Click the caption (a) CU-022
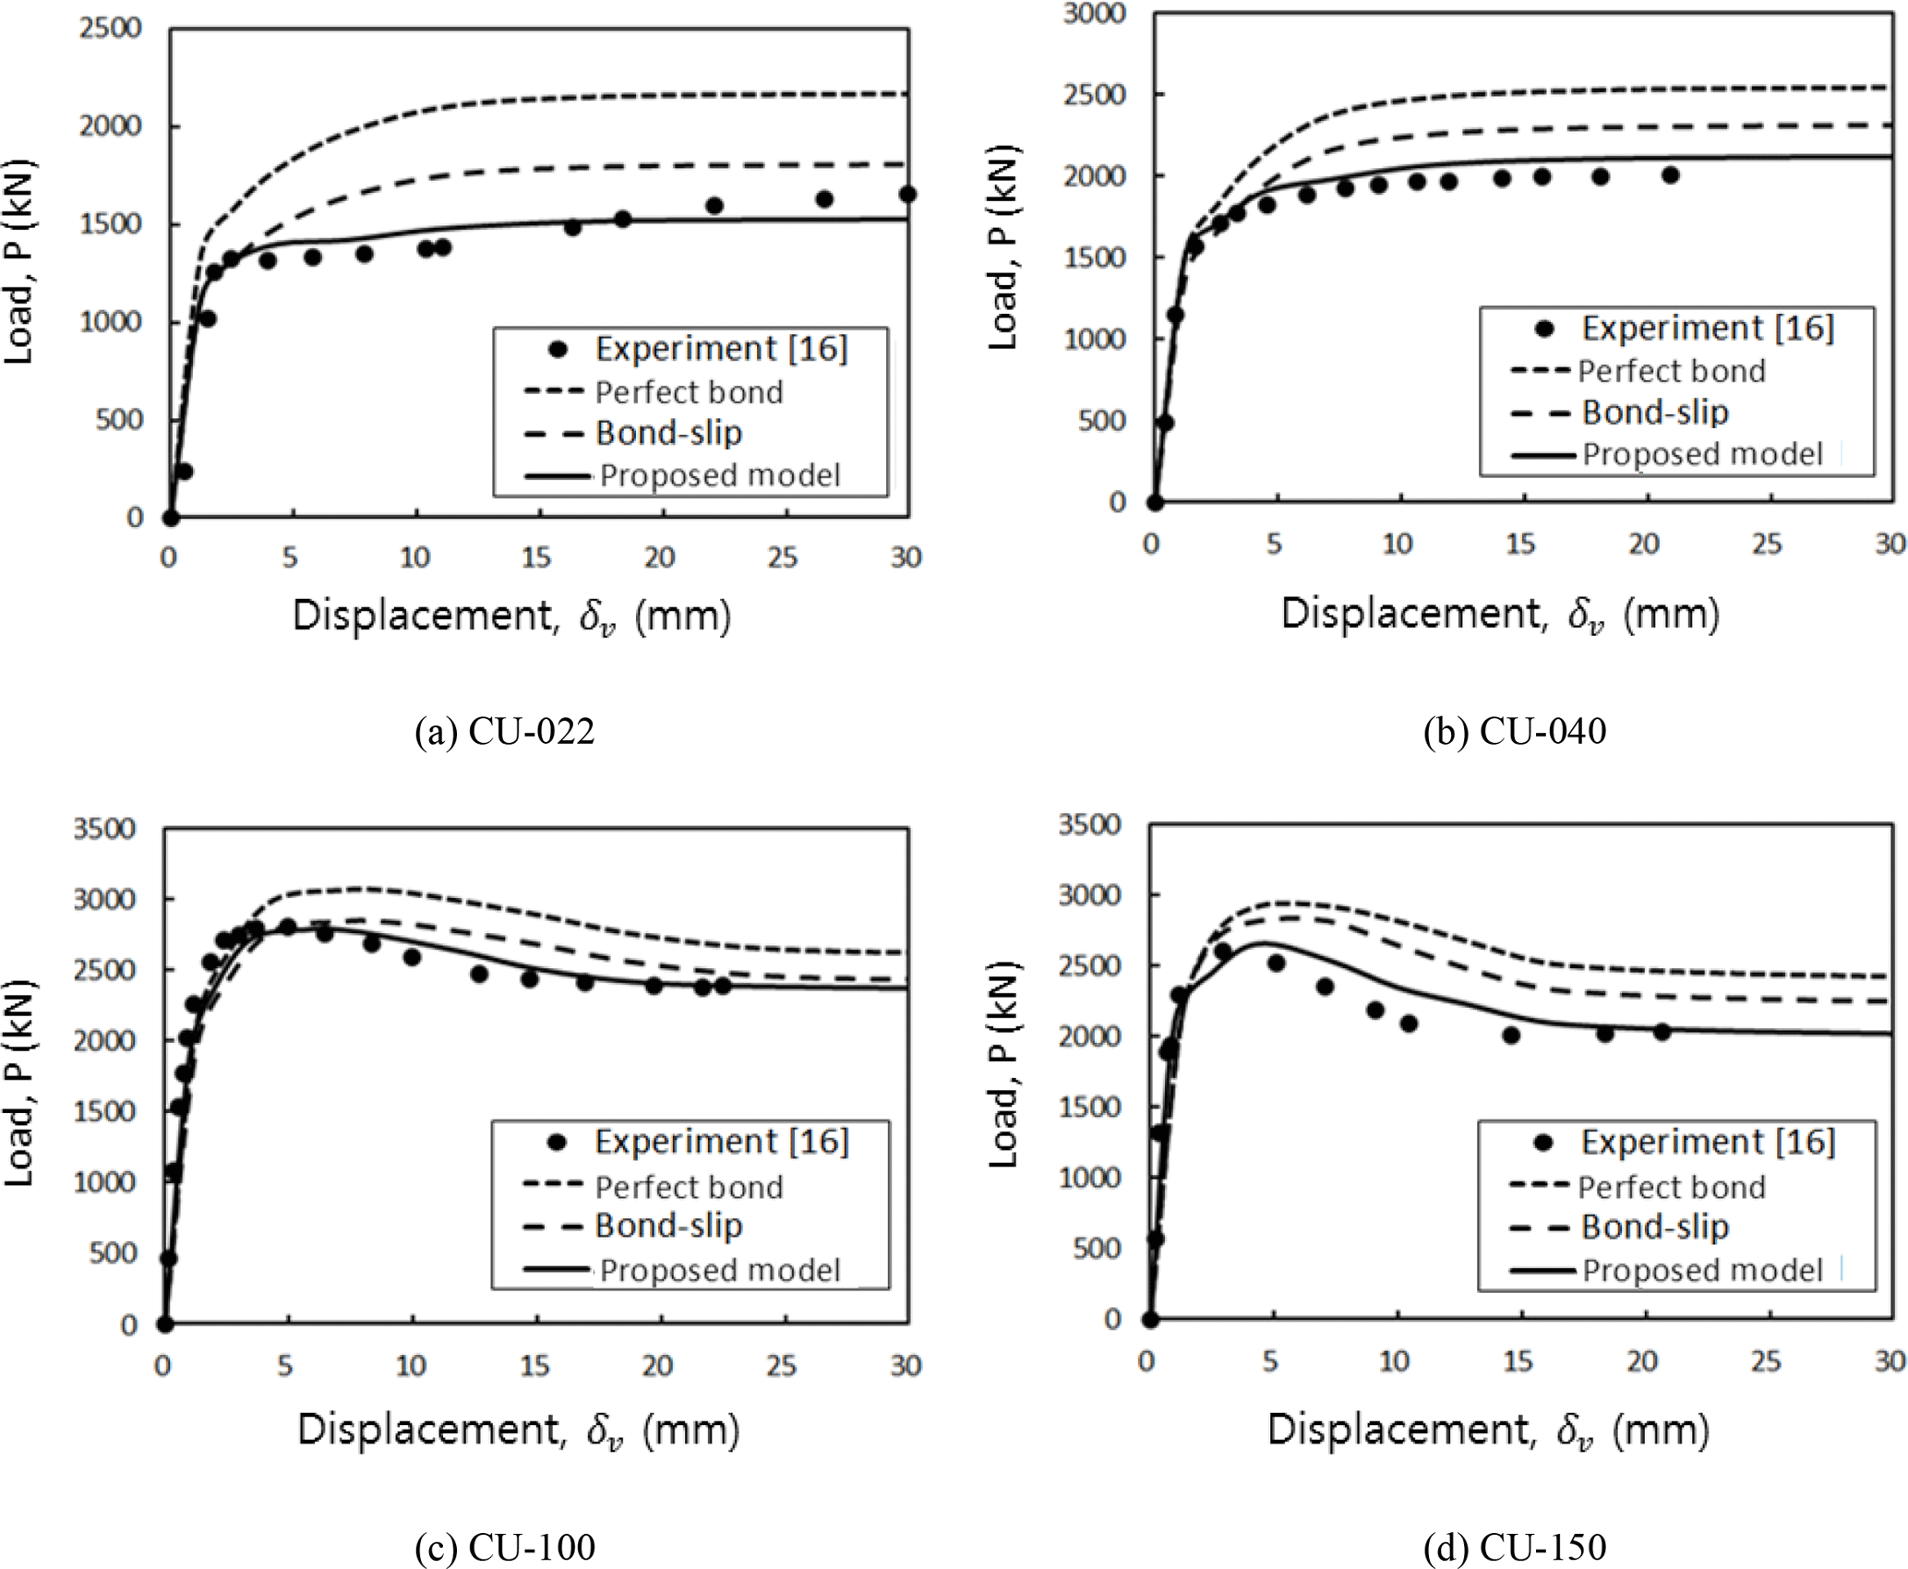point(504,732)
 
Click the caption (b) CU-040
point(1514,732)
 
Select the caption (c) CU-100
point(504,1547)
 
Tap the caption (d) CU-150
point(1514,1547)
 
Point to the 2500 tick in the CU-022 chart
point(110,28)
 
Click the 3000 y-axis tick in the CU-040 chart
point(1094,14)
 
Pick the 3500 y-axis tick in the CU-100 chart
point(104,828)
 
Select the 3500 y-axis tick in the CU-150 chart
point(1089,824)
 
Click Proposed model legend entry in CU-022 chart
point(719,475)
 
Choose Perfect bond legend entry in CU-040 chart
point(1671,371)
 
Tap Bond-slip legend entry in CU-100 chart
point(668,1226)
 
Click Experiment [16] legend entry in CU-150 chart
point(1708,1143)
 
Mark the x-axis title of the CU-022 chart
point(511,616)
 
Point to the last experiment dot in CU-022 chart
point(907,194)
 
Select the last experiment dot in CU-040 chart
point(1670,175)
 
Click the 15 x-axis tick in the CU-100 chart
point(534,1365)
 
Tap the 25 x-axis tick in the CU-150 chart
point(1766,1360)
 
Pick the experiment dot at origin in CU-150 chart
point(1149,1320)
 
